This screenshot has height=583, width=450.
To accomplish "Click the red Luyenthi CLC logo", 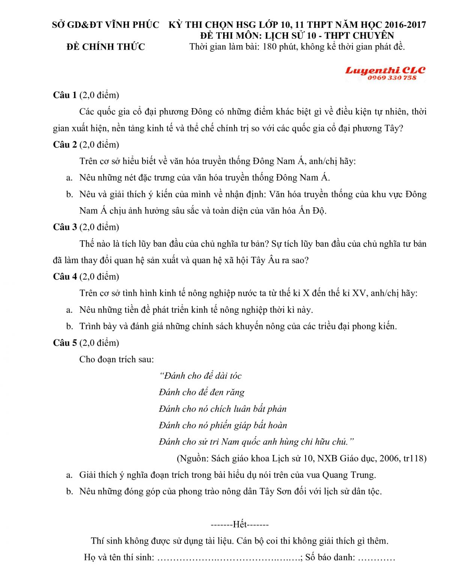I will tap(385, 70).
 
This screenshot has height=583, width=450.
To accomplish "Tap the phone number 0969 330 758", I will tap(392, 78).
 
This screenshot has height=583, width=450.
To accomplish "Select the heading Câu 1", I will tap(65, 95).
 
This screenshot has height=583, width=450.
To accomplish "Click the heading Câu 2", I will tap(65, 145).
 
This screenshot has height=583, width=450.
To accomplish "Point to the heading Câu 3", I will tap(65, 227).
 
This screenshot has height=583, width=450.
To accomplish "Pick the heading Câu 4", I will tap(65, 277).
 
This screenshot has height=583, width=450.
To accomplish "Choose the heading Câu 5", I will tap(65, 343).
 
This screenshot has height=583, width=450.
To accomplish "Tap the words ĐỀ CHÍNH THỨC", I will tap(106, 47).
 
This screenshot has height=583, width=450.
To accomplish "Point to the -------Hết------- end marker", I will tap(240, 524).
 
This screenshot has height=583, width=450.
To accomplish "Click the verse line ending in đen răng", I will tap(201, 392).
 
